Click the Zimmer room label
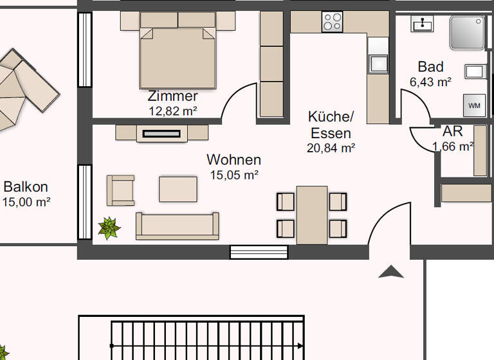[x=172, y=96]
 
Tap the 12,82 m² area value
[x=172, y=111]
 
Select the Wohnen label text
[x=233, y=159]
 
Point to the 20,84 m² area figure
[x=331, y=148]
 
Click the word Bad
[x=430, y=67]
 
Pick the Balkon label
[x=26, y=187]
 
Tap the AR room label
[x=452, y=132]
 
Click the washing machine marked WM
[x=474, y=105]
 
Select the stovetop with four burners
[x=333, y=22]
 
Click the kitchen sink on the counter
[x=378, y=64]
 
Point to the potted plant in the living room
[x=109, y=228]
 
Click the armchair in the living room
[x=120, y=190]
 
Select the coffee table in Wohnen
[x=178, y=189]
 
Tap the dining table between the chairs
[x=312, y=215]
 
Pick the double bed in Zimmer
[x=178, y=53]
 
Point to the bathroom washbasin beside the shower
[x=422, y=24]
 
